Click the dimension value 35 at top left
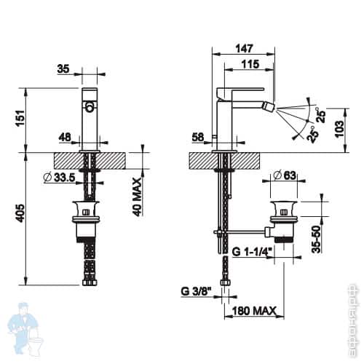pyautogui.click(x=63, y=69)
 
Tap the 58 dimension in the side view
pyautogui.click(x=199, y=136)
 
